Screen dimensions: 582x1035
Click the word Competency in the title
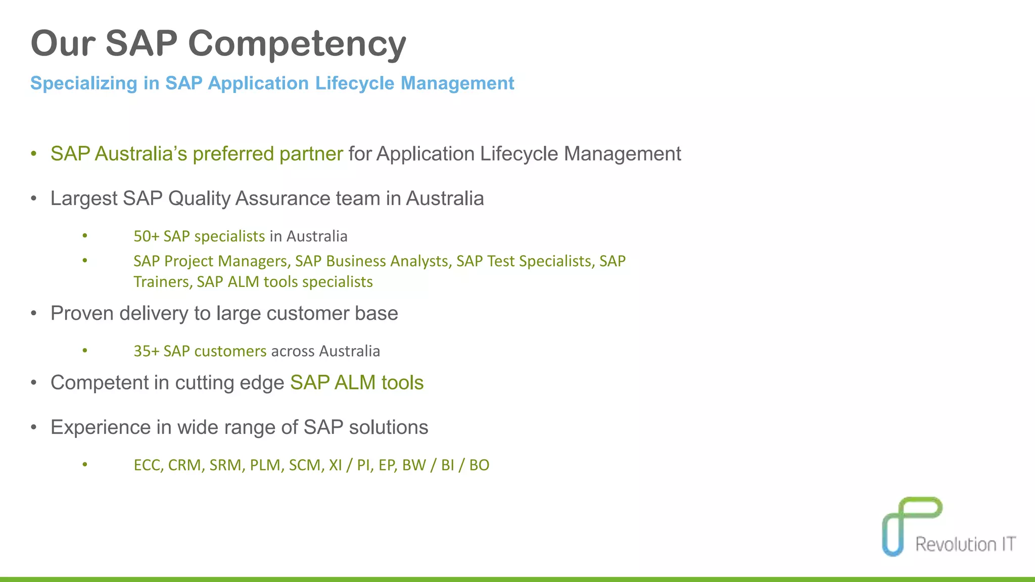pyautogui.click(x=297, y=44)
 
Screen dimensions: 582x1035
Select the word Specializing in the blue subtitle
pyautogui.click(x=83, y=83)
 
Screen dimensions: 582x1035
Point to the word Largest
pyautogui.click(x=83, y=199)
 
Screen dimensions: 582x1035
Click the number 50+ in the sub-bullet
pyautogui.click(x=146, y=236)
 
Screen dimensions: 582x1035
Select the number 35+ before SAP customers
pyautogui.click(x=146, y=351)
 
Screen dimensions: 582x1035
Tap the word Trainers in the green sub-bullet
pyautogui.click(x=162, y=282)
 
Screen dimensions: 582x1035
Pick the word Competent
pyautogui.click(x=100, y=383)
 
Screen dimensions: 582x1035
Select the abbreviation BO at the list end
pyautogui.click(x=479, y=465)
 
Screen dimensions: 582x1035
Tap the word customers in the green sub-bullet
pyautogui.click(x=230, y=351)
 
